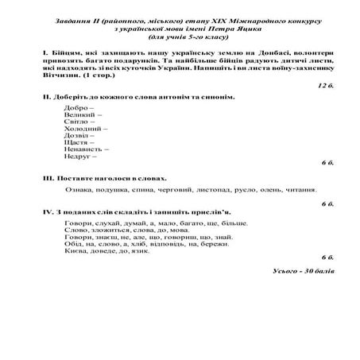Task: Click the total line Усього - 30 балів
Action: (x=302, y=272)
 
